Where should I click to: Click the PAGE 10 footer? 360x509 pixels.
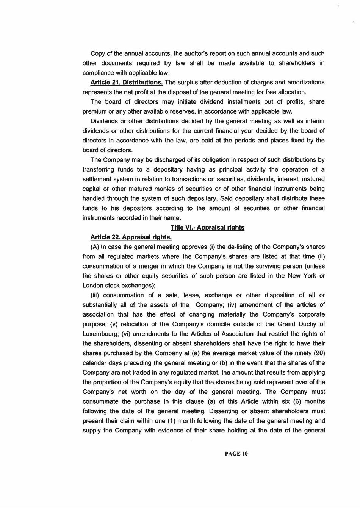(236, 454)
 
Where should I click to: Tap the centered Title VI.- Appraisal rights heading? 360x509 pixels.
(207, 228)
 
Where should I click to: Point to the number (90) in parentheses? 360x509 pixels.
(318, 353)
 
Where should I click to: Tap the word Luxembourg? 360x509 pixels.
(100, 334)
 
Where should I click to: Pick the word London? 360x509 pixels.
(92, 286)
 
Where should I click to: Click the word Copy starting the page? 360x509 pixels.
(97, 53)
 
